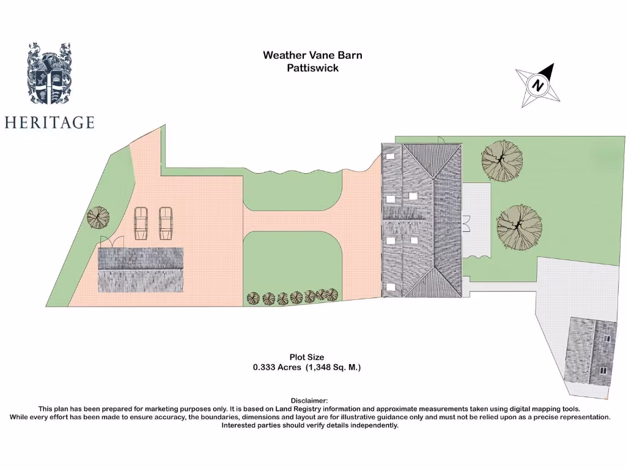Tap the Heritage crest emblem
(x=48, y=73)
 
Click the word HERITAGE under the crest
(x=50, y=122)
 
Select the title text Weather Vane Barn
(x=312, y=55)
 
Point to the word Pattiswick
(x=312, y=68)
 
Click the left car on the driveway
(x=141, y=223)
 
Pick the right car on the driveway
(x=166, y=223)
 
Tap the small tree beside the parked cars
(x=98, y=217)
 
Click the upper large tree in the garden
(x=502, y=161)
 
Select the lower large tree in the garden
(x=519, y=227)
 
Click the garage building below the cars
(x=141, y=270)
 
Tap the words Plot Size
(x=307, y=357)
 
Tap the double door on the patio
(x=466, y=223)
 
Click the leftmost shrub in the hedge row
(x=253, y=299)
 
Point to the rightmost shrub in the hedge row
(x=332, y=294)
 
